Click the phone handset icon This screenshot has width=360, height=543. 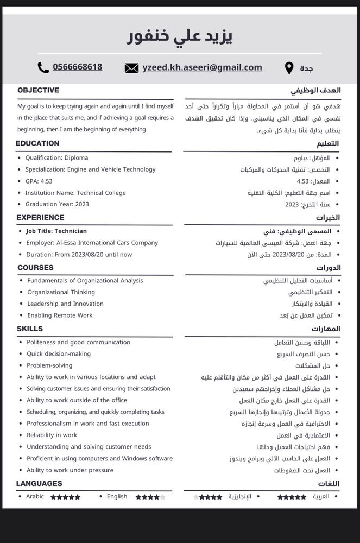click(x=43, y=67)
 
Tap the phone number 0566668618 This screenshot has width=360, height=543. click(x=77, y=67)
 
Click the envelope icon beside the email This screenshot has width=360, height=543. click(x=131, y=68)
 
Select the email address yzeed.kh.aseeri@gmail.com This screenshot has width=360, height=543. click(x=202, y=67)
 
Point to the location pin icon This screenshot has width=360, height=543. click(x=289, y=68)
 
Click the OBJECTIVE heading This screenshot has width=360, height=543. click(x=38, y=90)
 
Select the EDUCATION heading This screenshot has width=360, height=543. click(x=37, y=143)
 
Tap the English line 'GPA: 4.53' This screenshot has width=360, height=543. click(x=39, y=181)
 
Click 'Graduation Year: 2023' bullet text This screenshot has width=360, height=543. click(x=57, y=204)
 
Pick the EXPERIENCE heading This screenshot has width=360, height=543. click(x=40, y=217)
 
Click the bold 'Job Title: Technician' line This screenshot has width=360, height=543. click(x=56, y=231)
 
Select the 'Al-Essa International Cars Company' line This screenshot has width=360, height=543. click(x=92, y=243)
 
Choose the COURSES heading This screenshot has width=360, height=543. click(x=35, y=267)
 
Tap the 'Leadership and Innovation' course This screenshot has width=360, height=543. click(x=65, y=304)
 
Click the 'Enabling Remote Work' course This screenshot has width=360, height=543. click(x=60, y=315)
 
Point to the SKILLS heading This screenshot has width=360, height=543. click(x=30, y=329)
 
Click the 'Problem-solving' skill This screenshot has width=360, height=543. click(x=49, y=365)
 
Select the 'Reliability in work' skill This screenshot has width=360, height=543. click(x=52, y=435)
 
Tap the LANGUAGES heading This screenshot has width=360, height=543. click(x=39, y=483)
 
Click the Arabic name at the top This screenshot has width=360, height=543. click(x=179, y=36)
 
